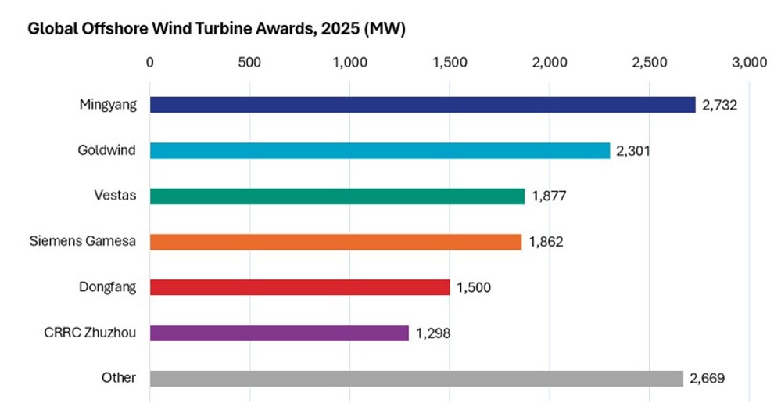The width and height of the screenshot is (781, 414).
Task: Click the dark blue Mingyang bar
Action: (422, 105)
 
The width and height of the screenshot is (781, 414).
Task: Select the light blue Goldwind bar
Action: (379, 150)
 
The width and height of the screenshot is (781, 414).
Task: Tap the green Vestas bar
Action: (337, 196)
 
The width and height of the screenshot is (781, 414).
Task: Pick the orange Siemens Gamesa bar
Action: (335, 242)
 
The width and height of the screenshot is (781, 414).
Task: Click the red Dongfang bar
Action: (299, 287)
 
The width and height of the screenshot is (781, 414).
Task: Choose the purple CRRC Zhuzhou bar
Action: (279, 333)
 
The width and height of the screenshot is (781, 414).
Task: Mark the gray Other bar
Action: (416, 378)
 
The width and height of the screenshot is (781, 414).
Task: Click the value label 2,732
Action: (720, 105)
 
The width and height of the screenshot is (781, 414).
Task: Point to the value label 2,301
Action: (633, 150)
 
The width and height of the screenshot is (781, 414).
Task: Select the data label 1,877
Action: (549, 196)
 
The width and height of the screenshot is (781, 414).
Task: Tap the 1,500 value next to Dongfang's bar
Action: (474, 287)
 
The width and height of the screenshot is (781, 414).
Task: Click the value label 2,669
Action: (707, 379)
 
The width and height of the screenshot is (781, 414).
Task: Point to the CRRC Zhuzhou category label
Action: (91, 333)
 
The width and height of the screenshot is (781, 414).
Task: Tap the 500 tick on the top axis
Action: (249, 62)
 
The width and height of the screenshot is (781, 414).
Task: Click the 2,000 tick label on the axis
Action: (549, 62)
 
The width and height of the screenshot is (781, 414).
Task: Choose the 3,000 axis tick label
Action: (748, 62)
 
